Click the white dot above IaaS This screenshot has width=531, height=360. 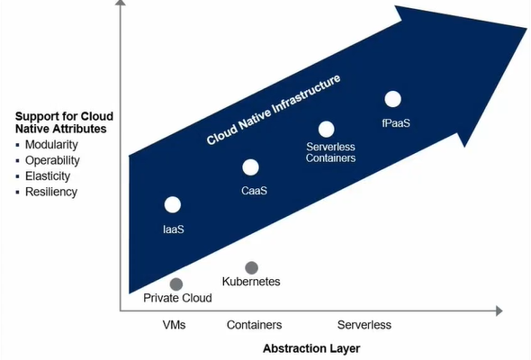[173, 204]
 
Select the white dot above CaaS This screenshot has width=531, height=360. [250, 167]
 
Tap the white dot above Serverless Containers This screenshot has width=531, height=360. [327, 129]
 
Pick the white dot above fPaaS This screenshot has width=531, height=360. [392, 99]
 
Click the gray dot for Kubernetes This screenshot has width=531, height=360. [252, 268]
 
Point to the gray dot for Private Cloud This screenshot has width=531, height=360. [176, 284]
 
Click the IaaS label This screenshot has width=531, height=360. [174, 229]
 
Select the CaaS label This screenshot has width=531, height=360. [255, 191]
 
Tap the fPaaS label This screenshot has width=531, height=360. [396, 122]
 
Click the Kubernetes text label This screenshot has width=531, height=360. [251, 282]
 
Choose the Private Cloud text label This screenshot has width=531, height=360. [178, 298]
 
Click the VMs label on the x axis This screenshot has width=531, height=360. [174, 325]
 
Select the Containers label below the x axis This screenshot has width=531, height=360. [255, 325]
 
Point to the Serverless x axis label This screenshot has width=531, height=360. [364, 325]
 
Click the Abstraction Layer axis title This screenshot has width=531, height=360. [311, 348]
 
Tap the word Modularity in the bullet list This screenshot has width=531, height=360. [51, 145]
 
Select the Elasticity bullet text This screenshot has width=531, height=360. [48, 176]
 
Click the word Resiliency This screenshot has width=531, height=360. [51, 192]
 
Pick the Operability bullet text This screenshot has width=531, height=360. [52, 160]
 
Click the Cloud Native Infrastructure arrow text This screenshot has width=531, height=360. [274, 110]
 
